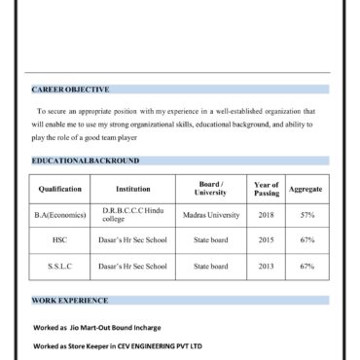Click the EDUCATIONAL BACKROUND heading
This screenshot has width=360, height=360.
click(86, 161)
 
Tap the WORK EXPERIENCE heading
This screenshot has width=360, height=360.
click(70, 301)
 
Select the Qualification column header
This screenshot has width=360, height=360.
click(60, 189)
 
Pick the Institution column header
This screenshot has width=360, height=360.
click(133, 189)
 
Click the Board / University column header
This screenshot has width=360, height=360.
click(210, 188)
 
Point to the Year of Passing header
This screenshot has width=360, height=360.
click(267, 189)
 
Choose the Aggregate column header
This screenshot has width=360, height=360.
click(306, 189)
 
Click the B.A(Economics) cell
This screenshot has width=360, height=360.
click(60, 215)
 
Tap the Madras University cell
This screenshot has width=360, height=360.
click(210, 215)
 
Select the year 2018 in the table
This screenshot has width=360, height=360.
click(267, 215)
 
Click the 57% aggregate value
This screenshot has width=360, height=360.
click(306, 215)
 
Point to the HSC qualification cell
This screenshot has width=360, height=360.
click(60, 239)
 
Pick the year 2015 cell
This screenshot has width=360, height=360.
click(267, 239)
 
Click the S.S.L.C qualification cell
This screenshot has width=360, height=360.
click(60, 265)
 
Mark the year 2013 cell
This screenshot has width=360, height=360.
click(267, 265)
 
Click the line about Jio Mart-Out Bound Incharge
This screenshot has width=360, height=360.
click(97, 328)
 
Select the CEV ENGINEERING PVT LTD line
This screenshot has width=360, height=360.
click(118, 345)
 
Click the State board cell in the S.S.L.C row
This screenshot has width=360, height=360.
click(210, 265)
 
